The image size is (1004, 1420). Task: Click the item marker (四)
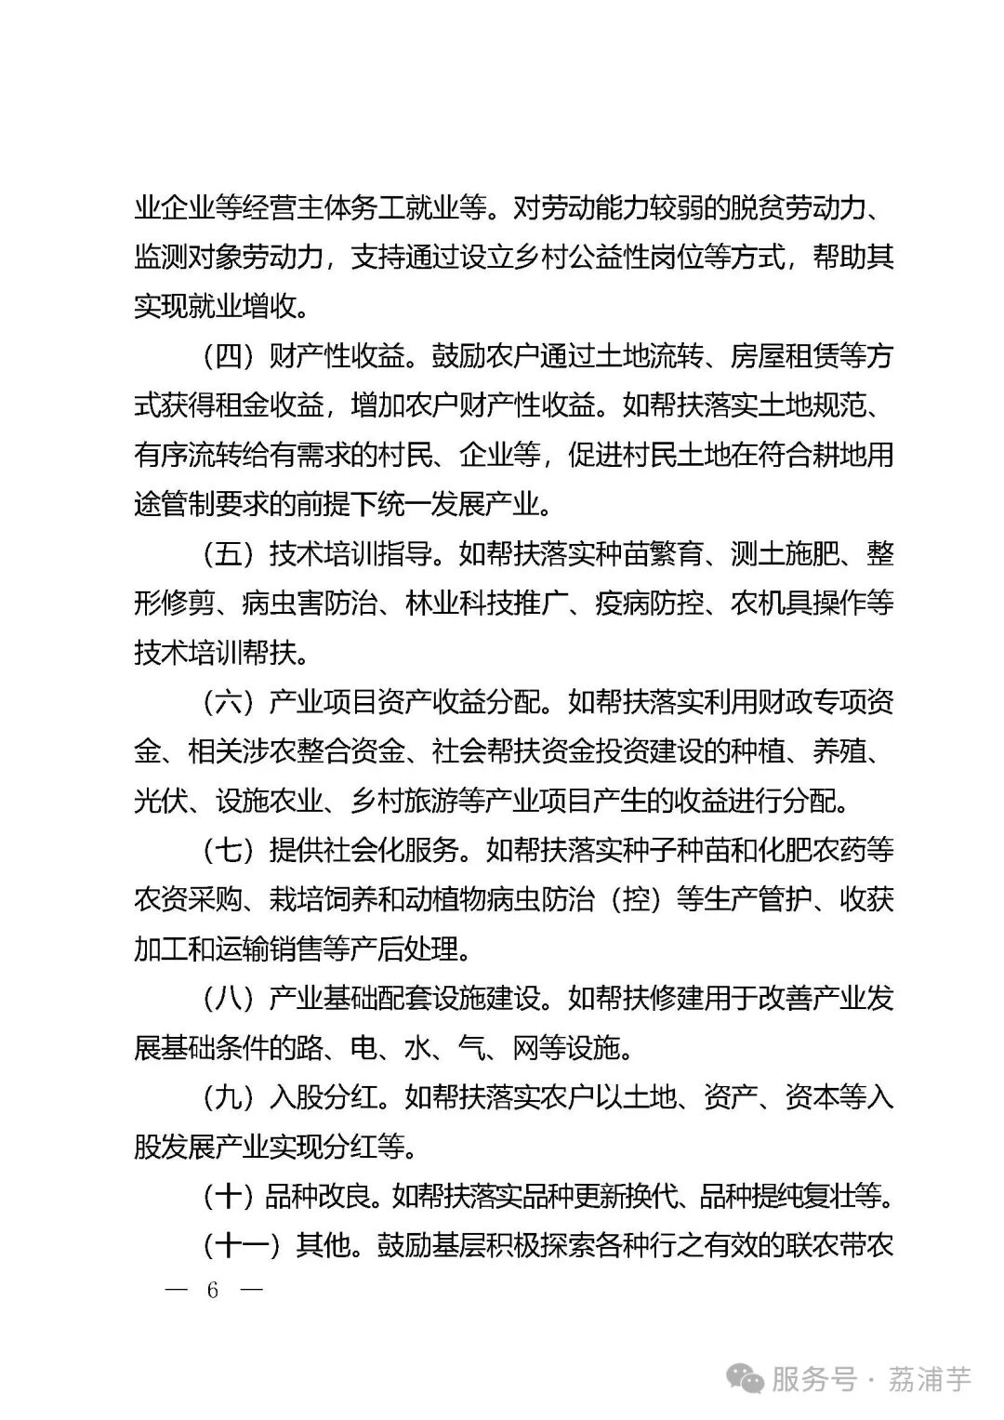click(x=228, y=356)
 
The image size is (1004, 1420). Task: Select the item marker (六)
click(x=228, y=702)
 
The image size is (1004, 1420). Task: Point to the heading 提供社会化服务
click(x=363, y=850)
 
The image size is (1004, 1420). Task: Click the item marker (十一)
click(x=241, y=1245)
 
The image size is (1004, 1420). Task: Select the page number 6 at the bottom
click(x=213, y=1291)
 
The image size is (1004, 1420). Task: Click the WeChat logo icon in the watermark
click(x=748, y=1379)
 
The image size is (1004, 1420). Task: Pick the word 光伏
click(x=161, y=801)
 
